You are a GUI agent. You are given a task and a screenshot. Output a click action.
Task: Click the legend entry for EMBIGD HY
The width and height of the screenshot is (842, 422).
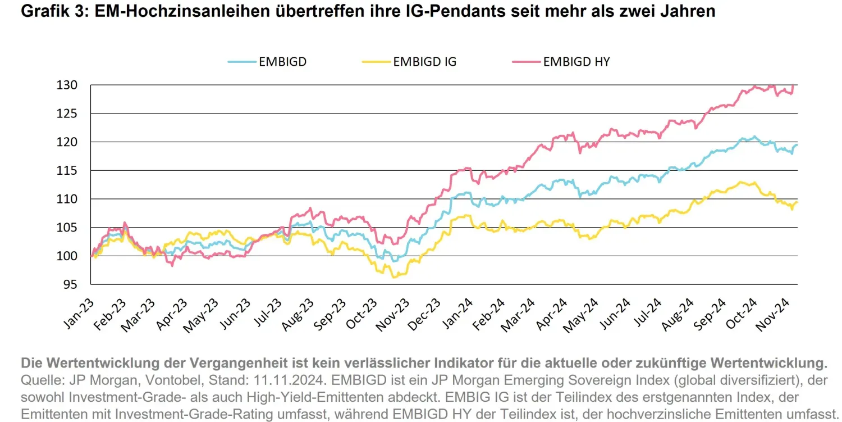coord(576,62)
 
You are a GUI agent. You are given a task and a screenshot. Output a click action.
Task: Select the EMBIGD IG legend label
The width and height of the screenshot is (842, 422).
coord(424,62)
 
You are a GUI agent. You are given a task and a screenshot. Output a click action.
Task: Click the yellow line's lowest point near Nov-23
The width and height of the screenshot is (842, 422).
coord(393,277)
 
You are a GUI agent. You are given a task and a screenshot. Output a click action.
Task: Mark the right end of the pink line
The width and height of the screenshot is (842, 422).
coord(793,85)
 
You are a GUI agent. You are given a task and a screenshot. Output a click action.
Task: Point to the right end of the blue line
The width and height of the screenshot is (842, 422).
coord(797,145)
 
